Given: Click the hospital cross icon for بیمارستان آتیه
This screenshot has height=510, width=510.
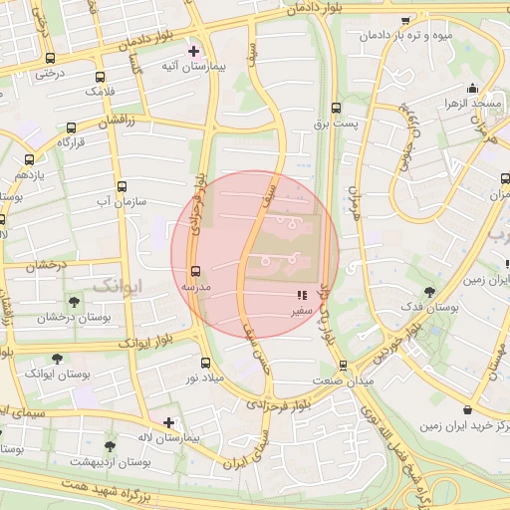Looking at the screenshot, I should click(193, 50).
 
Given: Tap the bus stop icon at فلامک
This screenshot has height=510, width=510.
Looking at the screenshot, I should click(100, 77).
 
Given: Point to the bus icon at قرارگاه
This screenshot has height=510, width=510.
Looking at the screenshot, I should click(70, 127).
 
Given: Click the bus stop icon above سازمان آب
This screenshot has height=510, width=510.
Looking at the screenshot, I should click(122, 186).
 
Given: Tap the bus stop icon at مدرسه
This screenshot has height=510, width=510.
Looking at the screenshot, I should click(194, 270).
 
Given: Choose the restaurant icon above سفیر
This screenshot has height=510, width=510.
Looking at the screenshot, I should click(302, 296).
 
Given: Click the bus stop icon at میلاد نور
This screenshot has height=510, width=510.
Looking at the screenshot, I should click(205, 363).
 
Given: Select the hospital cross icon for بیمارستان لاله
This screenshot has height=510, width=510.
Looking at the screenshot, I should click(168, 422).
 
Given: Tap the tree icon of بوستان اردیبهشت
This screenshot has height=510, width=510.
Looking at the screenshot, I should click(110, 447).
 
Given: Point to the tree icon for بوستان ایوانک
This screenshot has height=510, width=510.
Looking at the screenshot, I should click(56, 358).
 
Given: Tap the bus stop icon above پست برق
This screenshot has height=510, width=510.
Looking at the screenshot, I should click(336, 108).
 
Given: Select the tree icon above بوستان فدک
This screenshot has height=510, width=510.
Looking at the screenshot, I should click(429, 292).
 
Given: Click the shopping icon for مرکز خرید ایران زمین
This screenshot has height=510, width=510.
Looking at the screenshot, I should click(467, 409).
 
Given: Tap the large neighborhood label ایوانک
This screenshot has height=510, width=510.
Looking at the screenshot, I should click(118, 285).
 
